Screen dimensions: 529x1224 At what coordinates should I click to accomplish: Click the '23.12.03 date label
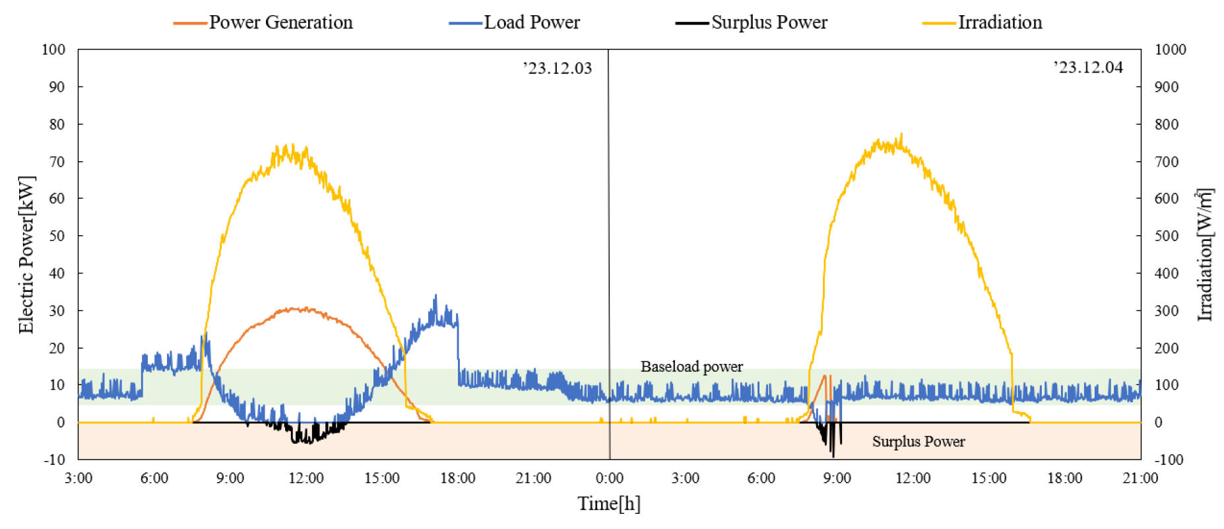(558, 68)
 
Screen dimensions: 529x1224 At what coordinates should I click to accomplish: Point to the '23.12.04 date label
(1088, 67)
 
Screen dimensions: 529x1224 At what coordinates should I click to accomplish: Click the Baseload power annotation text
(692, 367)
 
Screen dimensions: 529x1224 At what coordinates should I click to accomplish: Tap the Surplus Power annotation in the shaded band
(918, 442)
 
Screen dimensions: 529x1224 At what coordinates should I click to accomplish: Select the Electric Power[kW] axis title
(26, 255)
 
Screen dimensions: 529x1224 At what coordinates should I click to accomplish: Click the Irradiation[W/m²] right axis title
(1205, 255)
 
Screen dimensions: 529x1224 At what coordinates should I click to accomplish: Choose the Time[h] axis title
(609, 504)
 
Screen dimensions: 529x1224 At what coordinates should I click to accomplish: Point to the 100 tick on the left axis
(53, 50)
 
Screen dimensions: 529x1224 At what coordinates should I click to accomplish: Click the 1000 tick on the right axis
(1170, 50)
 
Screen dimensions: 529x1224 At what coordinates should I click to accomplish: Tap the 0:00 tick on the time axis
(609, 478)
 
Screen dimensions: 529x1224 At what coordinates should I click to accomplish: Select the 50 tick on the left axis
(57, 236)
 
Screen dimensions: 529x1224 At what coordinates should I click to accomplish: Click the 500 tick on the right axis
(1166, 236)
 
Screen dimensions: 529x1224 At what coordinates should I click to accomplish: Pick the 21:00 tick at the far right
(1140, 478)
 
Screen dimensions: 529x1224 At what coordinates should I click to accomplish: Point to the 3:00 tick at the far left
(79, 478)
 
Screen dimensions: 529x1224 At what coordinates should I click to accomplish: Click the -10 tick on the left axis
(55, 460)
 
